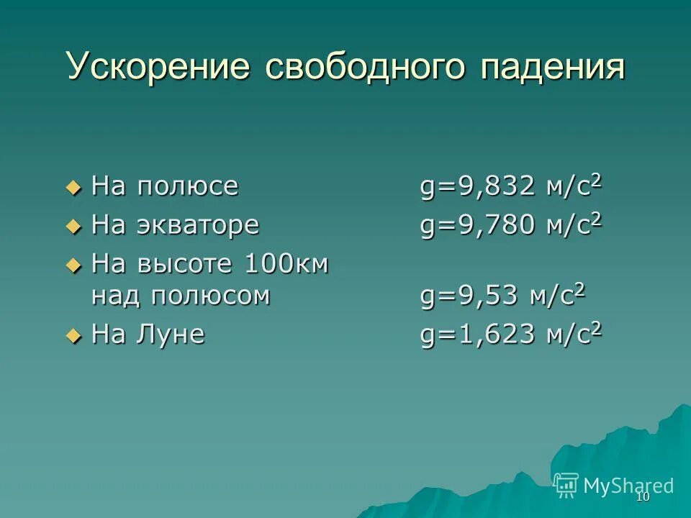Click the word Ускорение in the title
click(158, 67)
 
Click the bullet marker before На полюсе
click(72, 188)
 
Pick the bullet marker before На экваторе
click(72, 227)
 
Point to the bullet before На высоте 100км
click(72, 265)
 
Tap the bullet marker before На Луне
click(72, 335)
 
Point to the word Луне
click(171, 335)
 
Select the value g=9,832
click(478, 188)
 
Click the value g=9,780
click(478, 227)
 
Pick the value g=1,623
click(478, 335)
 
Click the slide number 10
click(643, 497)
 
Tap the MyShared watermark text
click(629, 486)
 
